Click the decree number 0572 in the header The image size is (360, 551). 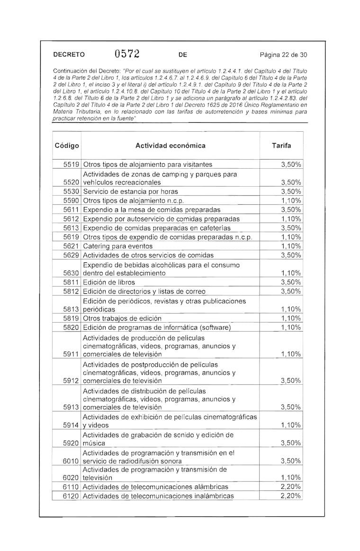click(126, 54)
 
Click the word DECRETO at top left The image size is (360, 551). click(69, 54)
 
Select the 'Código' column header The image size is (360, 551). click(67, 145)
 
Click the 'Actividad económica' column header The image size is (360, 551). click(171, 145)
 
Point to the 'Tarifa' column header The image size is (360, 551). click(281, 145)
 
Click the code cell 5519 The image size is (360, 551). click(71, 164)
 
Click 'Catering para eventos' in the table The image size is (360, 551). click(118, 246)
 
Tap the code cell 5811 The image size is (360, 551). click(71, 282)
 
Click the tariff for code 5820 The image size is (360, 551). click(291, 327)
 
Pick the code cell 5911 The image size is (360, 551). click(71, 354)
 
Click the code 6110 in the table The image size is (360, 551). click(71, 487)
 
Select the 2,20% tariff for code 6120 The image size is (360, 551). click(291, 496)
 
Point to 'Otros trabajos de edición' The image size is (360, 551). click(122, 318)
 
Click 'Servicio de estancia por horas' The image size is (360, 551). click(130, 191)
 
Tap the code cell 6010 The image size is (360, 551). click(71, 461)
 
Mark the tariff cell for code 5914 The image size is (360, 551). click(291, 425)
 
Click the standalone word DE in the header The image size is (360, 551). click(183, 54)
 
